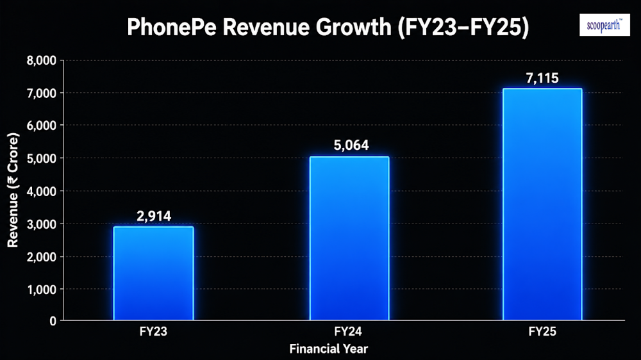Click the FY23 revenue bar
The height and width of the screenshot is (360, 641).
[x=153, y=273]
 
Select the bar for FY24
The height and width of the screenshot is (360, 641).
[x=349, y=238]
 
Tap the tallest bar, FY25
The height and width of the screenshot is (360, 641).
[x=542, y=204]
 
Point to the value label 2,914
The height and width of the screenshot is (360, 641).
[x=154, y=216]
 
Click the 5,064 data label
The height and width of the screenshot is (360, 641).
[x=351, y=145]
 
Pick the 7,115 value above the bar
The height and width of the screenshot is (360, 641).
[x=542, y=78]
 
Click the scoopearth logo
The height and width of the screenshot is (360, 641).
[x=604, y=25]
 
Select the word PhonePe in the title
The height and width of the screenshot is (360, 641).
[x=172, y=27]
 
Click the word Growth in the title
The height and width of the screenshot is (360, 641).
[x=354, y=27]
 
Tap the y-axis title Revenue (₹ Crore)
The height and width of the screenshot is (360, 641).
[x=13, y=190]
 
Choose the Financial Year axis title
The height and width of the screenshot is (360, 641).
[x=329, y=348]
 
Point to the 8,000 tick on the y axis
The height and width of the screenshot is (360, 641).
[x=41, y=61]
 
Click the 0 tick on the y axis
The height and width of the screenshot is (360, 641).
[x=53, y=321]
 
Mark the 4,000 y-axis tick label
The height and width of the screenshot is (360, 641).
[x=41, y=192]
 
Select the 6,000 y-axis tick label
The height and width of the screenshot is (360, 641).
[x=41, y=126]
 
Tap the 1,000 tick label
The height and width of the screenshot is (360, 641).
[x=41, y=290]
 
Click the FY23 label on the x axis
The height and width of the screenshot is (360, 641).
[x=153, y=331]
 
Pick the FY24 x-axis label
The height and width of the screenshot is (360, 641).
[x=348, y=331]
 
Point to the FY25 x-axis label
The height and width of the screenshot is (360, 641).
[x=542, y=331]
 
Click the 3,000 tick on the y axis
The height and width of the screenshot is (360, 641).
[x=41, y=224]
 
